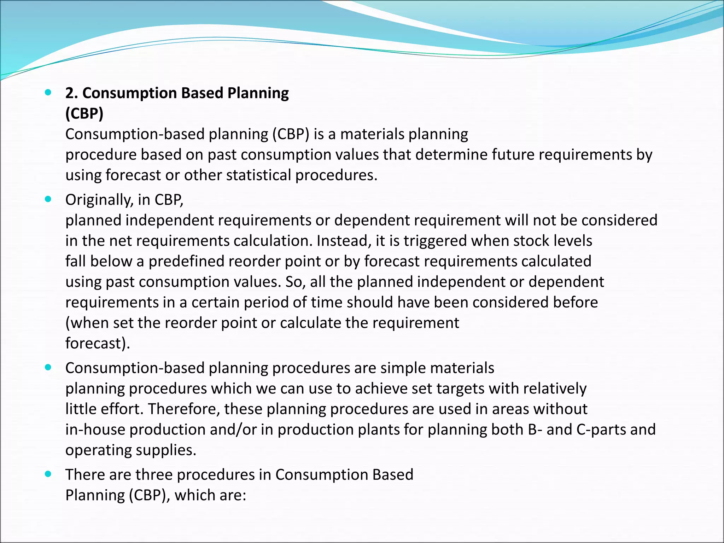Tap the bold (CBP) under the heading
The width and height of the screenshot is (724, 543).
point(84,114)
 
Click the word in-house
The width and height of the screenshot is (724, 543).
point(95,430)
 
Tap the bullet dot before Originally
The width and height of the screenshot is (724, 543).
point(48,199)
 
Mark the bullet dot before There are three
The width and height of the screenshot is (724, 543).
point(48,474)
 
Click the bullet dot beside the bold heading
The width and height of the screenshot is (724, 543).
point(48,93)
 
